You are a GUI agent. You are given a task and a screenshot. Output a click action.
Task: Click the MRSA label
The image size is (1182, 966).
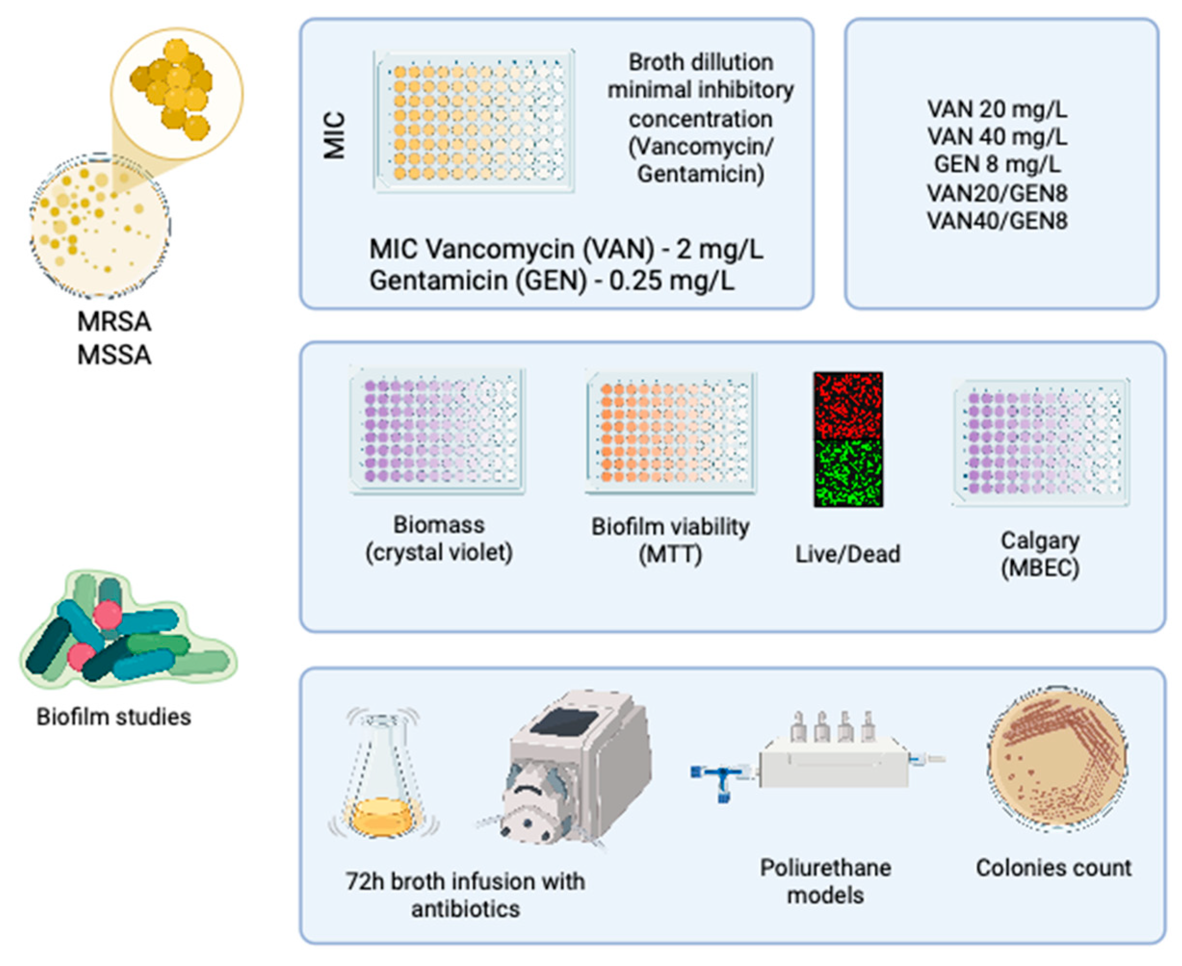tap(114, 322)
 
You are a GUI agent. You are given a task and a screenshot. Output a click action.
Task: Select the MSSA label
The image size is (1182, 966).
tap(114, 355)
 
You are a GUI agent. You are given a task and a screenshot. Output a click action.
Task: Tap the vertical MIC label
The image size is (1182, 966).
tap(335, 136)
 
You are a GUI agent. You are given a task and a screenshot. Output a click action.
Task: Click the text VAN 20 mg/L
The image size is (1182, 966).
tap(997, 109)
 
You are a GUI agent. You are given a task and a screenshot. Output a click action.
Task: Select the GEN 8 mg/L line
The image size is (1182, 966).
tap(997, 165)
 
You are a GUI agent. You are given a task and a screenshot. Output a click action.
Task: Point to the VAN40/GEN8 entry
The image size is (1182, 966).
tap(997, 221)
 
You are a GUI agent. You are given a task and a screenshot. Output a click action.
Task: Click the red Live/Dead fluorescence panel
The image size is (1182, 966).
tap(848, 405)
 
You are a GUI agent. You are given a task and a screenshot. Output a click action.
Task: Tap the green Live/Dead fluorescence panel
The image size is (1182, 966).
tap(848, 473)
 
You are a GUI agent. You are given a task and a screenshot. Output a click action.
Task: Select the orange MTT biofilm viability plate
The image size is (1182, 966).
tap(671, 433)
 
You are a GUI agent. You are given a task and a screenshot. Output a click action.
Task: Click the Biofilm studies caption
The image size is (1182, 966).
tap(114, 717)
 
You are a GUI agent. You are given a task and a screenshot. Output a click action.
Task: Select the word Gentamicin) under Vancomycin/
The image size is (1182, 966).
tap(701, 174)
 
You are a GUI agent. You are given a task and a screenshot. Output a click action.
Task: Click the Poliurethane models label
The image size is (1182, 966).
tap(826, 881)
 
